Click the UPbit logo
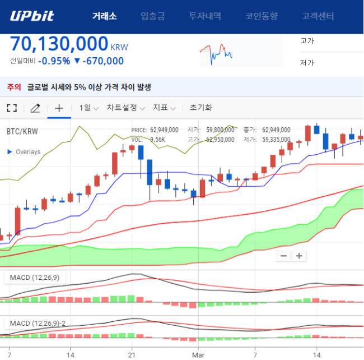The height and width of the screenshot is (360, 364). pyautogui.click(x=32, y=16)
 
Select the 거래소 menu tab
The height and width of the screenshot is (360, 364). pyautogui.click(x=105, y=16)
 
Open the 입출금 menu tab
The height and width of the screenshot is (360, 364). pyautogui.click(x=153, y=16)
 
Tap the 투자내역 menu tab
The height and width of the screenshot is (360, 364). pyautogui.click(x=205, y=16)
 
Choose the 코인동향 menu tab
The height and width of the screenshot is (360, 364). pyautogui.click(x=262, y=16)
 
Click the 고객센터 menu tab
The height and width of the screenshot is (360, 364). pyautogui.click(x=318, y=16)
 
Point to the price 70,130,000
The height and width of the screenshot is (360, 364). pyautogui.click(x=59, y=44)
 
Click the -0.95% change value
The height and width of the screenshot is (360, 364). pyautogui.click(x=54, y=61)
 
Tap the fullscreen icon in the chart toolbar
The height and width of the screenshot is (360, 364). pyautogui.click(x=12, y=108)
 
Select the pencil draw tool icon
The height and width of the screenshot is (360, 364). pyautogui.click(x=35, y=108)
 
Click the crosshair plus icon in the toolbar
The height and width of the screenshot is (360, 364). pyautogui.click(x=59, y=108)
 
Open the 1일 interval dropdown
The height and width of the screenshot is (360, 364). pyautogui.click(x=89, y=108)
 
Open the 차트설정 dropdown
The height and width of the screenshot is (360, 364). pyautogui.click(x=126, y=108)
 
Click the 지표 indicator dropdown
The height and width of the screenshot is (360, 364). pyautogui.click(x=164, y=108)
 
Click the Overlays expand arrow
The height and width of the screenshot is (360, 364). pyautogui.click(x=10, y=152)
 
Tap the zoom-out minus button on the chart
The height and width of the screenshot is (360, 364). pyautogui.click(x=283, y=256)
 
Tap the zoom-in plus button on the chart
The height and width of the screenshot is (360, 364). pyautogui.click(x=299, y=256)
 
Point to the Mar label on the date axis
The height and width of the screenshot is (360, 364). pyautogui.click(x=198, y=355)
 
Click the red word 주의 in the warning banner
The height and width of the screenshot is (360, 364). pyautogui.click(x=14, y=87)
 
